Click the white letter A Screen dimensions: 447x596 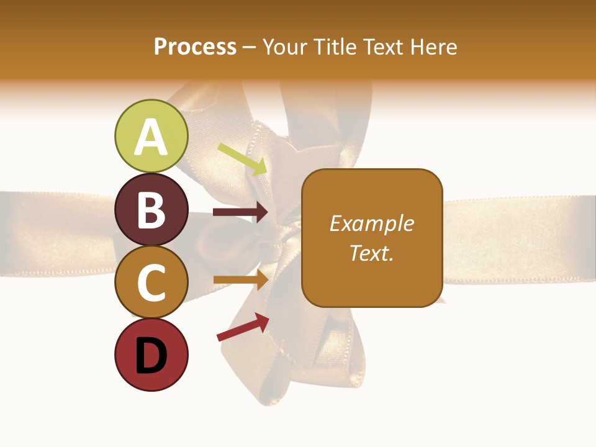pos(151,138)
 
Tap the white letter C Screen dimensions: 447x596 pos(151,283)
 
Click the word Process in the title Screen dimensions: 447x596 pos(195,47)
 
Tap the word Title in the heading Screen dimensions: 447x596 pos(331,47)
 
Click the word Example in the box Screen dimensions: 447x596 pos(372,223)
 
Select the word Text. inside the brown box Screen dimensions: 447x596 pos(372,253)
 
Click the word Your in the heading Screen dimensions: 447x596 pos(286,47)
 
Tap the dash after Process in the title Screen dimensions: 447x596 pos(249,47)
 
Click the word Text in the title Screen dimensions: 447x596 pos(381,47)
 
